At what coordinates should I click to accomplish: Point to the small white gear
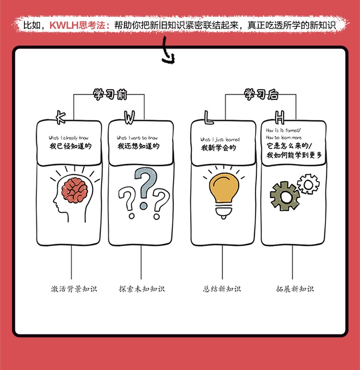pyautogui.click(x=308, y=183)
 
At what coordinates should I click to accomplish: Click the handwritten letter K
pyautogui.click(x=60, y=116)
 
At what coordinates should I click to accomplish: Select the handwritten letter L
pyautogui.click(x=208, y=117)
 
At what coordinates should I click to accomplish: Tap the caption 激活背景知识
pyautogui.click(x=74, y=289)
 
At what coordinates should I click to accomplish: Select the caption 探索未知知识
pyautogui.click(x=142, y=289)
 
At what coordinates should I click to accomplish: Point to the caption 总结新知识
pyautogui.click(x=222, y=289)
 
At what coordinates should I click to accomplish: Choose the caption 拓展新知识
pyautogui.click(x=295, y=289)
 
